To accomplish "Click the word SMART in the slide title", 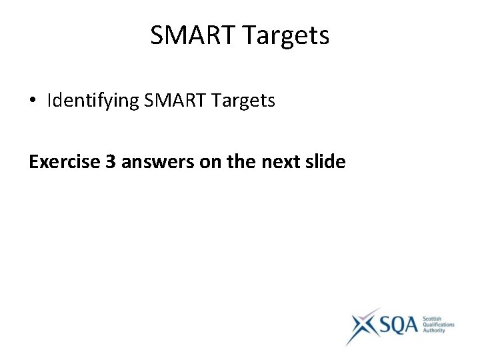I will (x=190, y=35).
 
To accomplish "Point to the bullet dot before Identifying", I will (x=33, y=101).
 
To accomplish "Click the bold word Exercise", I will (x=64, y=161).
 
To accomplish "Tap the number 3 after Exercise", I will (x=111, y=161).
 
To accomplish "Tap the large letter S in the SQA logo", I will (x=387, y=326).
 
